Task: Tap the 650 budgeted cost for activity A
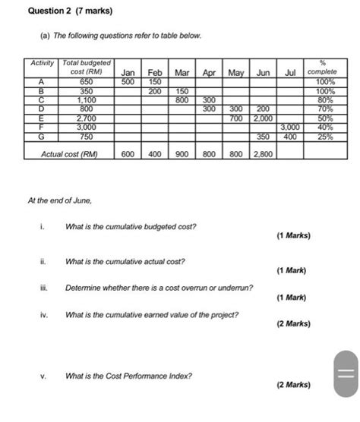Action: pyautogui.click(x=86, y=82)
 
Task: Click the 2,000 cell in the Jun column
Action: pyautogui.click(x=264, y=119)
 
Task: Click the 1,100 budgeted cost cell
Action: pyautogui.click(x=86, y=100)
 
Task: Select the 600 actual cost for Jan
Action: pyautogui.click(x=128, y=155)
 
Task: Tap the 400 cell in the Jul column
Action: pyautogui.click(x=289, y=137)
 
